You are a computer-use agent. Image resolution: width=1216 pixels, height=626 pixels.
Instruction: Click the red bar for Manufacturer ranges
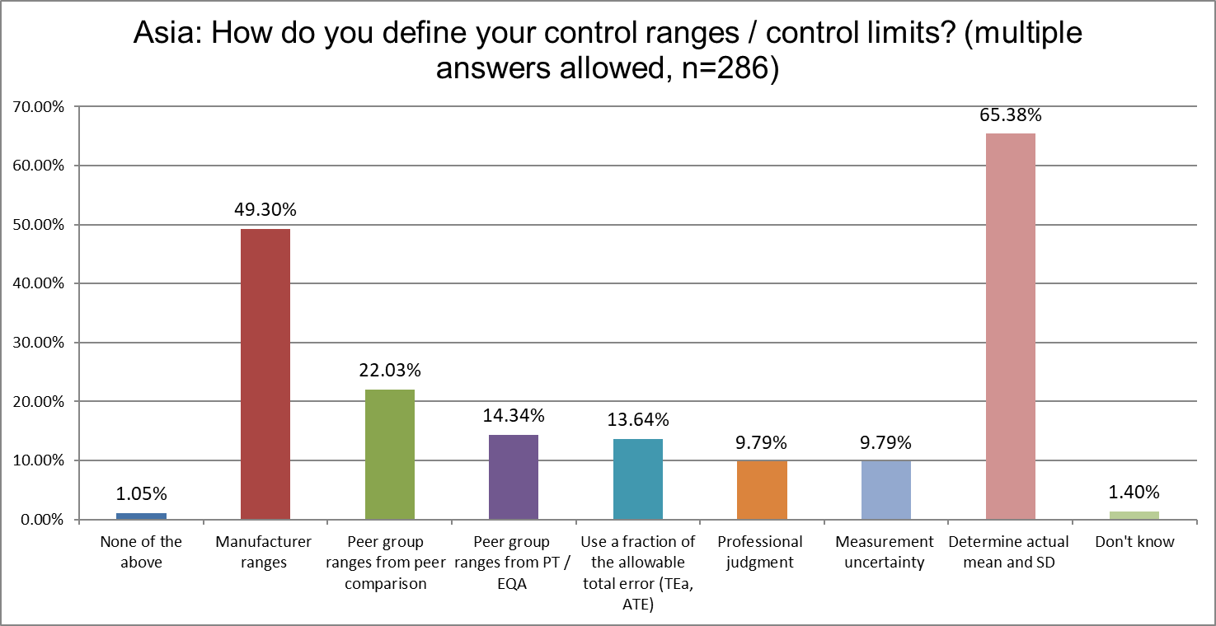tap(265, 374)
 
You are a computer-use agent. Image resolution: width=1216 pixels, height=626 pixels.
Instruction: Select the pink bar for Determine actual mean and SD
tap(1010, 326)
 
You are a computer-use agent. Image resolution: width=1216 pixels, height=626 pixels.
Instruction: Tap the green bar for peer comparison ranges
tap(389, 455)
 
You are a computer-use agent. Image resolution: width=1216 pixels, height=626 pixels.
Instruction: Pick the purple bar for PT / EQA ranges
tap(514, 477)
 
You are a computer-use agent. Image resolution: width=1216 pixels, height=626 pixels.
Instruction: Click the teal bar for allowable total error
tap(637, 479)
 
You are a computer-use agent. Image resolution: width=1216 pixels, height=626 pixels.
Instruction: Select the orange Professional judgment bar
tap(762, 490)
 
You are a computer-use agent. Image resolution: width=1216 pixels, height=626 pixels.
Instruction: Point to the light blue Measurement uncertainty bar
tap(886, 490)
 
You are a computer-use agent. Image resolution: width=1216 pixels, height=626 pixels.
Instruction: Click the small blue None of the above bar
tap(141, 516)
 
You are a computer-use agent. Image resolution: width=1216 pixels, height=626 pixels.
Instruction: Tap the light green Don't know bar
tap(1134, 516)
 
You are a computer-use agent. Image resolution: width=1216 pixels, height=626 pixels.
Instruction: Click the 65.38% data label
tap(1010, 114)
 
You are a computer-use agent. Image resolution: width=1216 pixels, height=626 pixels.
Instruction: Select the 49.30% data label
tap(265, 210)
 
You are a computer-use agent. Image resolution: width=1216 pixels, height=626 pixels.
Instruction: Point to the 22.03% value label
tap(389, 371)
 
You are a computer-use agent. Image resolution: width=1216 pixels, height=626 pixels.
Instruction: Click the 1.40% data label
tap(1134, 493)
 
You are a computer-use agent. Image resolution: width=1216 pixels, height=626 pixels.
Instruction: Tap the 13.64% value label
tap(637, 420)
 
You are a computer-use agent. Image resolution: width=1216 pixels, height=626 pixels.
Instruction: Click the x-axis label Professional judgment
tap(760, 552)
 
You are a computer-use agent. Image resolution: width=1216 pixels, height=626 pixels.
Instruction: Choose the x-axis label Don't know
tap(1134, 542)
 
